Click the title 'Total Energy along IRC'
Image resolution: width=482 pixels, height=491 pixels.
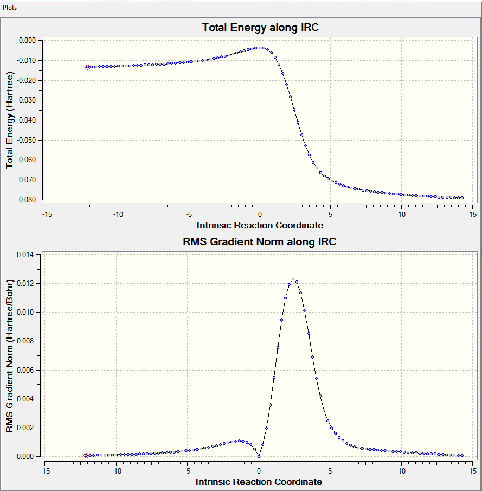[260, 28]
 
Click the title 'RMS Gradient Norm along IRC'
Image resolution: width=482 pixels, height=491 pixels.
[260, 242]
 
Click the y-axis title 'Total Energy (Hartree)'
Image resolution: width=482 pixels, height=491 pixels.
[10, 120]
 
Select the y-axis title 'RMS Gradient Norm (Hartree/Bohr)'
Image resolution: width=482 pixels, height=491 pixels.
[10, 355]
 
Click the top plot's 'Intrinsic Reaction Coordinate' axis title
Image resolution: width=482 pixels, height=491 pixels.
[260, 225]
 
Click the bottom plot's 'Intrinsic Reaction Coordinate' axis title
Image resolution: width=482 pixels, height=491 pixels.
[259, 482]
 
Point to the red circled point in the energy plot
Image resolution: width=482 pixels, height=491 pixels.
[88, 67]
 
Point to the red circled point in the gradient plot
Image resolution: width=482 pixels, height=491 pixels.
[86, 456]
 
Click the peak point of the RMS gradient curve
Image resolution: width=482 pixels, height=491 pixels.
[293, 279]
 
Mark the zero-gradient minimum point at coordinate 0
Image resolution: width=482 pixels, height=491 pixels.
[259, 456]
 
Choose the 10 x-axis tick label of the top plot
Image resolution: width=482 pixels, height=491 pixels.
[401, 214]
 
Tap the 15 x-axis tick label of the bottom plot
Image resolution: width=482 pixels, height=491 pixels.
[472, 471]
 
